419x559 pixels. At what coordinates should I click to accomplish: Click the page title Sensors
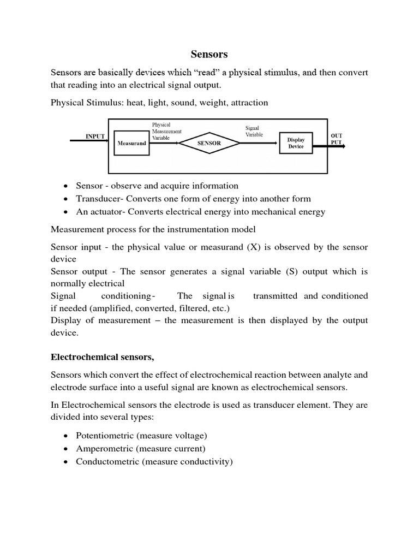click(x=209, y=54)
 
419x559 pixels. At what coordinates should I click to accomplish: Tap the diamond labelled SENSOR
click(x=209, y=143)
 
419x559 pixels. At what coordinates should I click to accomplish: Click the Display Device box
click(x=296, y=143)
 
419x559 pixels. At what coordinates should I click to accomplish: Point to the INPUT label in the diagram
click(x=95, y=136)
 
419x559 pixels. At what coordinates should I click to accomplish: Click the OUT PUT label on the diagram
click(x=337, y=139)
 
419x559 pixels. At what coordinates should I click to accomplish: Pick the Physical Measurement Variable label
click(x=166, y=132)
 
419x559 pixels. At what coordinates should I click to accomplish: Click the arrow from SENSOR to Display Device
click(x=260, y=143)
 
